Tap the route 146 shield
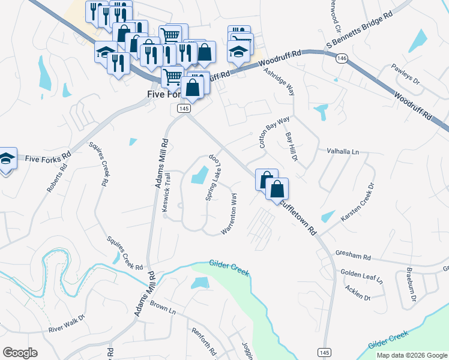(x=342, y=58)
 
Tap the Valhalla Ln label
(x=342, y=152)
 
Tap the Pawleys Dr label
(x=405, y=74)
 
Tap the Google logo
(x=20, y=353)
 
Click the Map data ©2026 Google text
(x=412, y=355)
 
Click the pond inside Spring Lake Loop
(x=198, y=175)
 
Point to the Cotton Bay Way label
(x=274, y=132)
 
